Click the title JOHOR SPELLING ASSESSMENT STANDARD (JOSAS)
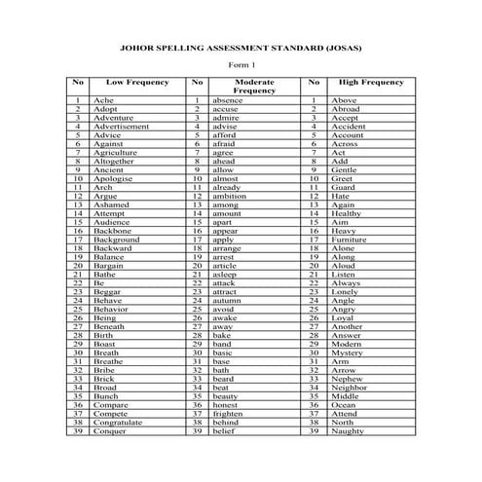pos(241,45)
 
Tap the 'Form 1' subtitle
pos(241,64)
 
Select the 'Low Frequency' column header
pos(137,83)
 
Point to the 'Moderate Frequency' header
pos(255,87)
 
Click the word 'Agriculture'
pos(117,153)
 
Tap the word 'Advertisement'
pos(122,127)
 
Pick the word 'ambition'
pos(236,196)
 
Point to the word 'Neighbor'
pos(352,388)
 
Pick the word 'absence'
pos(232,100)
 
